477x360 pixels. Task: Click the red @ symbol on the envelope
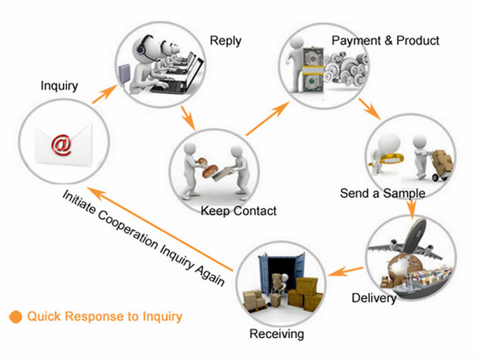click(x=62, y=145)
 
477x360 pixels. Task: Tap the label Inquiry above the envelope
click(x=59, y=85)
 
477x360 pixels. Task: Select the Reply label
click(x=225, y=41)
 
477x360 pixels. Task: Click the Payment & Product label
click(x=385, y=41)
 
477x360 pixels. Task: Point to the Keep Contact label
click(x=238, y=211)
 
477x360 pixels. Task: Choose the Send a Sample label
click(x=382, y=193)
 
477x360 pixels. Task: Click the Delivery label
click(x=374, y=298)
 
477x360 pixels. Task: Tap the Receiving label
click(x=277, y=334)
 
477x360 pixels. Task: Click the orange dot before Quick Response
click(x=16, y=317)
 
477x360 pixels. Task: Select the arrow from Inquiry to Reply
click(x=105, y=94)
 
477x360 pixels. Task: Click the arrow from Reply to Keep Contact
click(x=188, y=118)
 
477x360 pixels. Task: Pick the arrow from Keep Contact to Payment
click(x=268, y=119)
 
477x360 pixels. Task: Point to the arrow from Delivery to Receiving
click(x=346, y=271)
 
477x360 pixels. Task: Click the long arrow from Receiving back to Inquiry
click(x=160, y=229)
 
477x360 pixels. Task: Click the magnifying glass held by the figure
click(x=388, y=159)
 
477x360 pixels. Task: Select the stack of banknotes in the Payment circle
click(x=312, y=69)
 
